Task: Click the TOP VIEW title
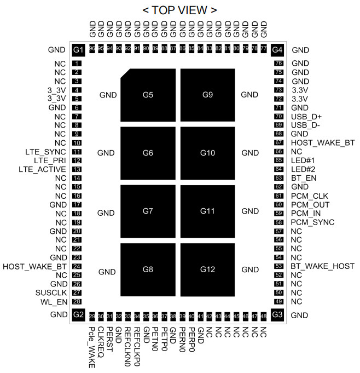coord(179,10)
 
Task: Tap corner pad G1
coord(78,50)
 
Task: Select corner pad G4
coord(277,50)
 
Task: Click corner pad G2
coord(78,314)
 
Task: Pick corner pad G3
coord(277,314)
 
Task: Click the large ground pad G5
coord(148,95)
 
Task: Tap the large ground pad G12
coord(207,269)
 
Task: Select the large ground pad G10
coord(207,153)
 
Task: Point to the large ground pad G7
coord(148,211)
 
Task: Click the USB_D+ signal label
coord(307,116)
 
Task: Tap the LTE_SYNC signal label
coord(45,151)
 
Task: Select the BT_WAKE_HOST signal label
coord(322,266)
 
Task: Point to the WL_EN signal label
coord(54,301)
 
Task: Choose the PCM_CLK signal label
coord(309,196)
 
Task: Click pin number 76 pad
coord(277,63)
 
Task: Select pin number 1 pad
coord(78,63)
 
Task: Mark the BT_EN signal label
coord(303,177)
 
